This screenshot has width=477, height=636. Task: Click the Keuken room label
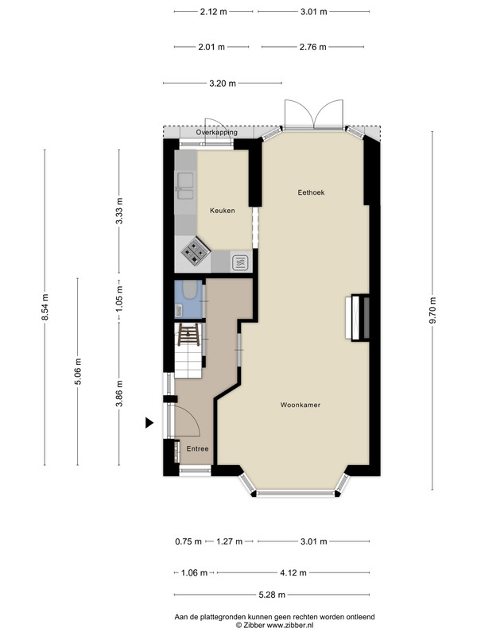(223, 211)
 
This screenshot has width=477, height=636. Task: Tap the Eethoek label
(311, 192)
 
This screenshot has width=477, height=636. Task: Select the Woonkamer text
(301, 405)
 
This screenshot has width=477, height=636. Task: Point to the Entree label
(197, 448)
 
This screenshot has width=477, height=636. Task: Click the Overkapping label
(216, 132)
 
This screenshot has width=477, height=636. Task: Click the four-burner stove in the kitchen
(196, 250)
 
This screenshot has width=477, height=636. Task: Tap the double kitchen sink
(184, 186)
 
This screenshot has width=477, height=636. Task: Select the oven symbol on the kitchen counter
(240, 262)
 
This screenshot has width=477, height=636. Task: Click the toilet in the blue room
(189, 289)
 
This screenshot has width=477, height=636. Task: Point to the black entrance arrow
(149, 423)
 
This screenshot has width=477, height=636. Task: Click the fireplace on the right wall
(358, 317)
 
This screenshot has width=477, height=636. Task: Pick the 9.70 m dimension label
(432, 310)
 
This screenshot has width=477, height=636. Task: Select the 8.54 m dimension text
(45, 307)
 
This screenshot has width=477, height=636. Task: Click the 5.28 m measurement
(272, 595)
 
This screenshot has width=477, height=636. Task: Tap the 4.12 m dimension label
(293, 572)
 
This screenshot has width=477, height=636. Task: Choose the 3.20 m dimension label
(223, 83)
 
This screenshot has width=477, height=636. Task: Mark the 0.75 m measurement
(188, 541)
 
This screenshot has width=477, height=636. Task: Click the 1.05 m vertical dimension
(118, 300)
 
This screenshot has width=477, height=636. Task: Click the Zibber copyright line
(274, 626)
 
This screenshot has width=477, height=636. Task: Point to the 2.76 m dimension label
(312, 47)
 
